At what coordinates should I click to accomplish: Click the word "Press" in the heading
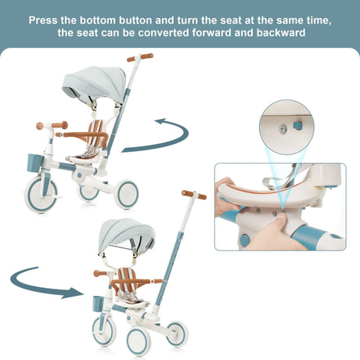[43, 20]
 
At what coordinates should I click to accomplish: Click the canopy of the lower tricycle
[127, 235]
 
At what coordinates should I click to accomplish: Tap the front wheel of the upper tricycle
[41, 193]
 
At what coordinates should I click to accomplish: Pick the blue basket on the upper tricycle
[34, 163]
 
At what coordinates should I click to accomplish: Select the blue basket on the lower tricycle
[99, 304]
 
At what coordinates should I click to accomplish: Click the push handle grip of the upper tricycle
[140, 57]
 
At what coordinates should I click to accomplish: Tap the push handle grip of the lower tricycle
[194, 195]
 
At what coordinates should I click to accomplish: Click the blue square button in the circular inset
[297, 125]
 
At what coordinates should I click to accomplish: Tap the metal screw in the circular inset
[283, 128]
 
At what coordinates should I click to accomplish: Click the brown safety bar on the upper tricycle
[84, 135]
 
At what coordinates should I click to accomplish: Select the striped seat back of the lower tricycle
[128, 279]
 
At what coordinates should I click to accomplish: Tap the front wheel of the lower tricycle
[104, 331]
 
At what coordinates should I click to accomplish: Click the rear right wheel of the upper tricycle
[126, 194]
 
